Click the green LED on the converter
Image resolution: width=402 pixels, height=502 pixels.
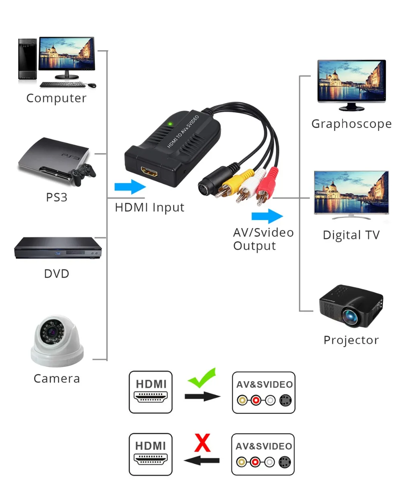[x=170, y=124]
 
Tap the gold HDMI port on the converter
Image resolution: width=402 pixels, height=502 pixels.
[x=149, y=172]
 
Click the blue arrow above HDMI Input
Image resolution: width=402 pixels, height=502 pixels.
[x=130, y=187]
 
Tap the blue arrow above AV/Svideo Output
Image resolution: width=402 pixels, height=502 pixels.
[x=267, y=216]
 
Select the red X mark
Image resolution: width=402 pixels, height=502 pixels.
[x=202, y=443]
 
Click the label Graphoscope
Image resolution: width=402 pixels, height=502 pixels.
[x=351, y=124]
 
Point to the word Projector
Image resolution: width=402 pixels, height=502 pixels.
[x=351, y=340]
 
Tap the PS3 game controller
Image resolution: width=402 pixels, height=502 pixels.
[x=84, y=174]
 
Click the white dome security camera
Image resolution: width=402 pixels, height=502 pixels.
[x=57, y=341]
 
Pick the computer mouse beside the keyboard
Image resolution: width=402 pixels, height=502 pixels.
[x=92, y=85]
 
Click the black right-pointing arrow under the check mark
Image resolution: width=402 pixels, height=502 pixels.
[x=202, y=396]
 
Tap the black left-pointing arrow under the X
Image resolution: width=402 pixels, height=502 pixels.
[x=201, y=460]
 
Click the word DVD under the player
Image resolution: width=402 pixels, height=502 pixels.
[x=57, y=274]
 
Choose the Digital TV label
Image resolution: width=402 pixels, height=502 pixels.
[x=351, y=235]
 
